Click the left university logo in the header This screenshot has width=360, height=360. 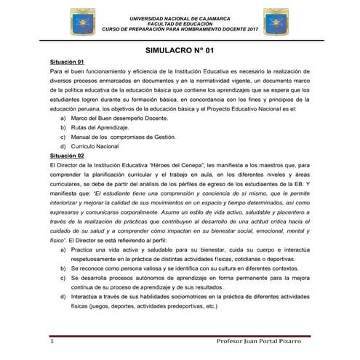pos(79,20)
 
